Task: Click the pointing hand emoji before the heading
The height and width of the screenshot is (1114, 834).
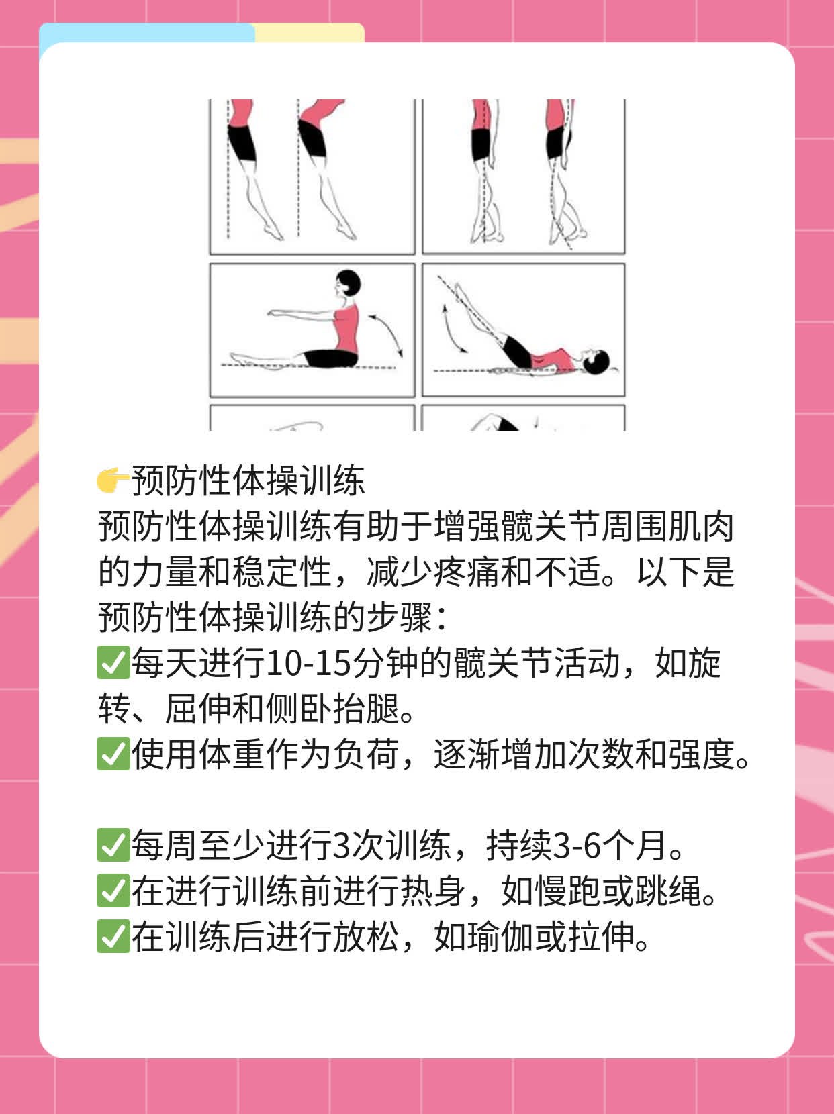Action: point(113,480)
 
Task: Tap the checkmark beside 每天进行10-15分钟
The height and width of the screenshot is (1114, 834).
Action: point(113,663)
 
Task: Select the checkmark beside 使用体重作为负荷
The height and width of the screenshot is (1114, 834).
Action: point(113,754)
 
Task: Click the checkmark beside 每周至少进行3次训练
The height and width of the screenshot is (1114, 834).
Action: point(113,846)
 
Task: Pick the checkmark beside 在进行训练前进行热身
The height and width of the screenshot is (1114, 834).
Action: point(113,891)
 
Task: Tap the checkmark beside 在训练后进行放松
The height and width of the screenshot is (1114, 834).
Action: point(113,937)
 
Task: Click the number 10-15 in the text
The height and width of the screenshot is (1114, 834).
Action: point(308,663)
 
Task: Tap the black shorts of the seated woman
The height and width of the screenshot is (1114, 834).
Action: point(329,358)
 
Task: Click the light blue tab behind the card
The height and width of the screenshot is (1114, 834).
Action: point(146,33)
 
